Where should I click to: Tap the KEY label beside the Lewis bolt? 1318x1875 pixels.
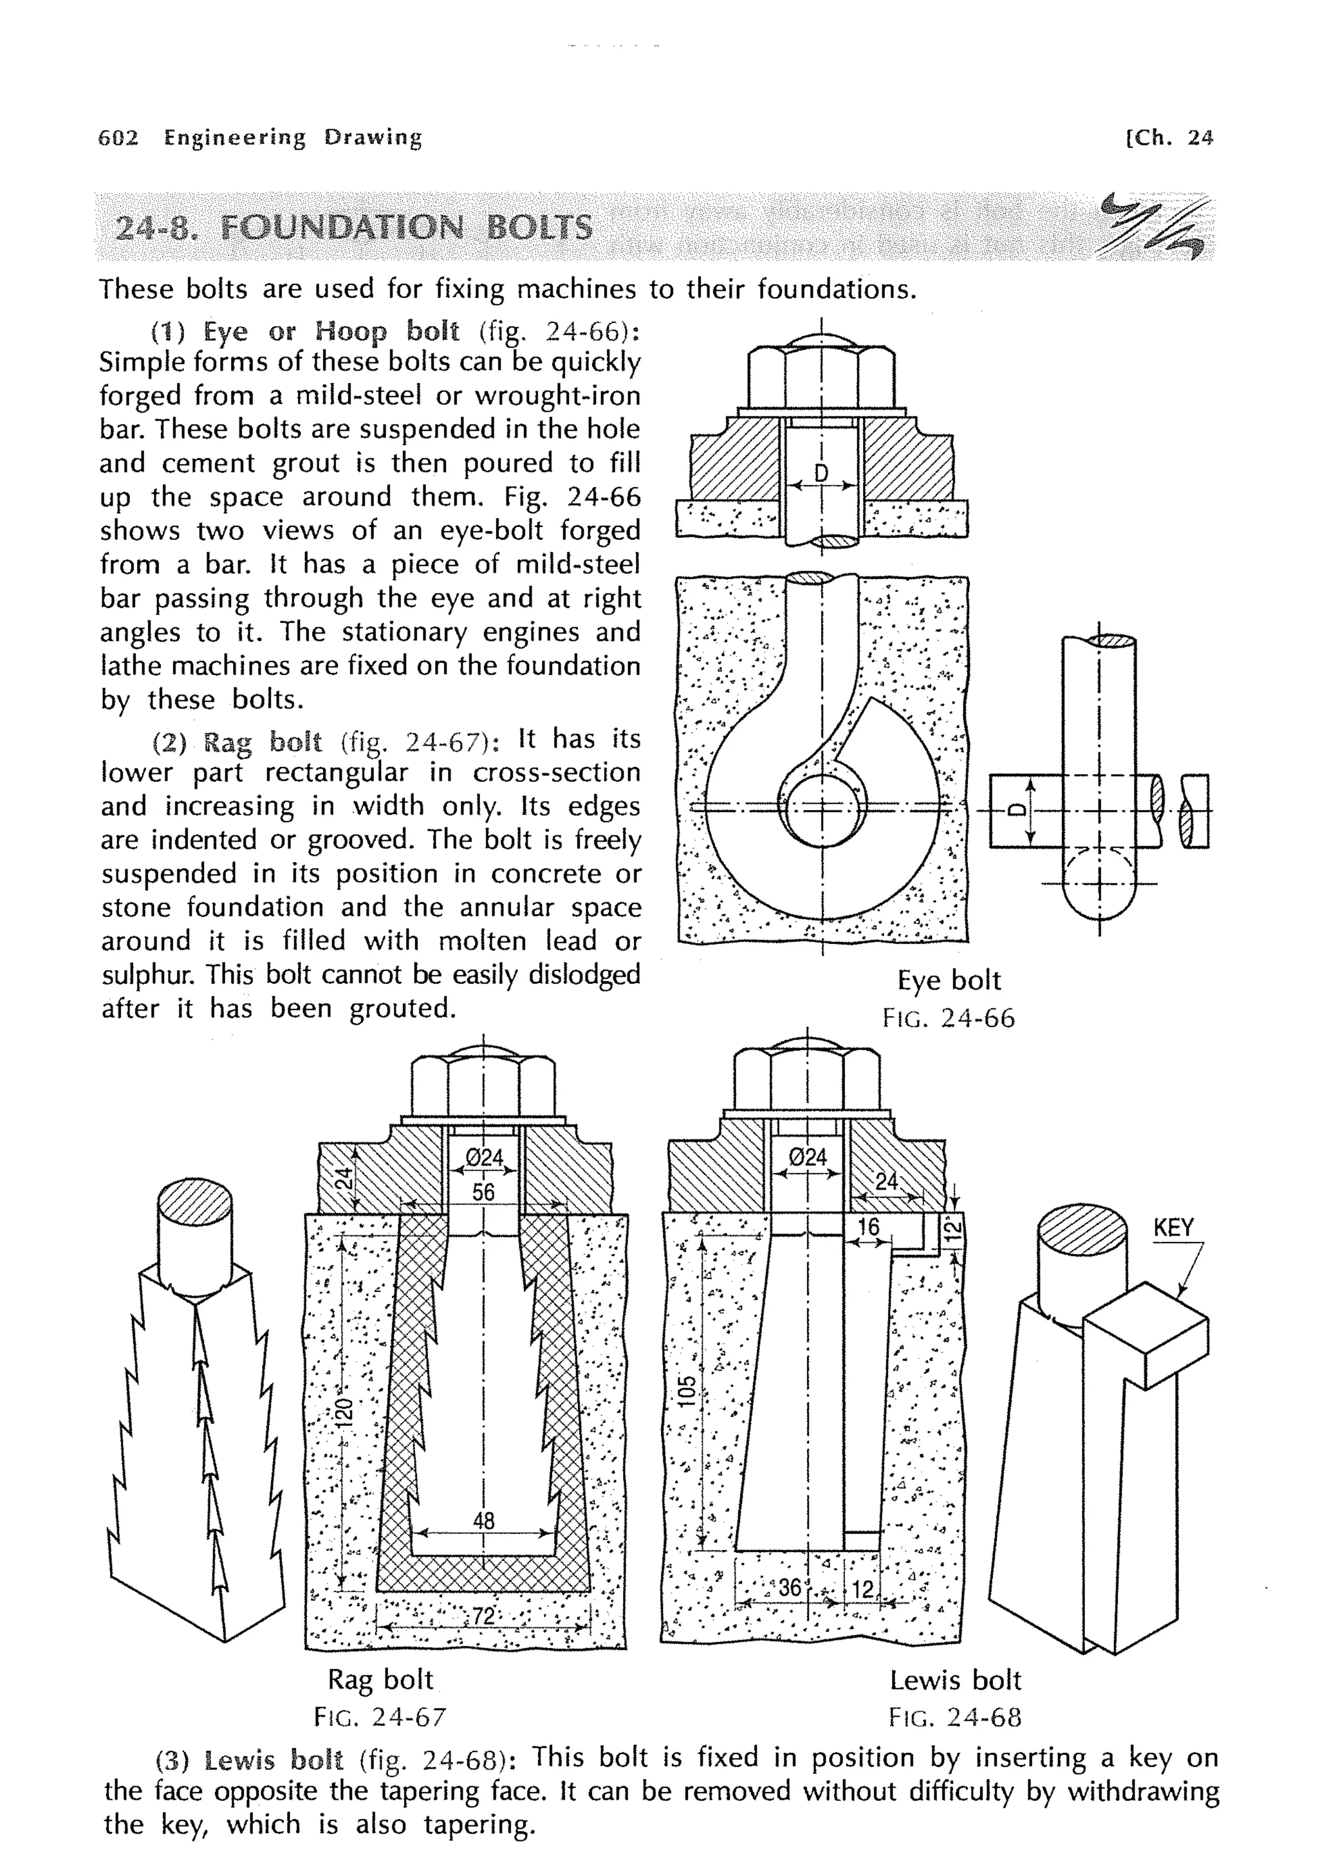(1173, 1228)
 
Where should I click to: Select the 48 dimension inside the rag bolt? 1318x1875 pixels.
(483, 1520)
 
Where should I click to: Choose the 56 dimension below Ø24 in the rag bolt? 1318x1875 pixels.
(483, 1192)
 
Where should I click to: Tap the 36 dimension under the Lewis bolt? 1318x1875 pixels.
(790, 1587)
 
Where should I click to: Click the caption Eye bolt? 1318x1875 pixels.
(948, 980)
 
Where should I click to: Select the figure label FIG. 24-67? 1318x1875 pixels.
(380, 1717)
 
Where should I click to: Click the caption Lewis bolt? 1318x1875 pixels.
(954, 1680)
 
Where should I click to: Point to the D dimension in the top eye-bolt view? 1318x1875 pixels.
(822, 473)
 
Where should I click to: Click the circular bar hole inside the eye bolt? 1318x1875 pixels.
(822, 813)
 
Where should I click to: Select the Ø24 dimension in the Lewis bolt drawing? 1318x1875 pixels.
(808, 1157)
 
